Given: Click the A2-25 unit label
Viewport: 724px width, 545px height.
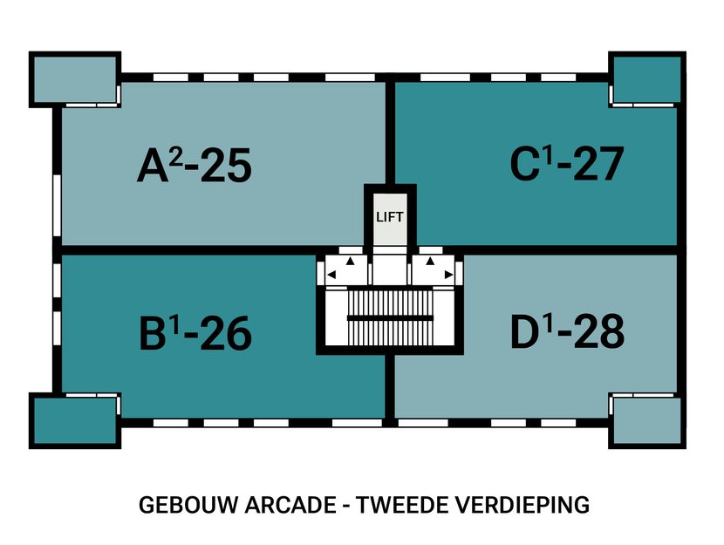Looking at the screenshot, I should (194, 166).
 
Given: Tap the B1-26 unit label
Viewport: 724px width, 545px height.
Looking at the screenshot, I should (195, 332).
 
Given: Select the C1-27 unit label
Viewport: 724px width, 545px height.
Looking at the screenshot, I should (567, 165).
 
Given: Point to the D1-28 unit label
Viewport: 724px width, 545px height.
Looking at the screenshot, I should (568, 331).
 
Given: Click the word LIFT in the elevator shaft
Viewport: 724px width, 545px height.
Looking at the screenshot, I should (390, 216).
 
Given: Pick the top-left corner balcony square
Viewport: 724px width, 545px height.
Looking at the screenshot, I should (74, 79).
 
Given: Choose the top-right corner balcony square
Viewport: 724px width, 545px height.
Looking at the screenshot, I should (645, 79).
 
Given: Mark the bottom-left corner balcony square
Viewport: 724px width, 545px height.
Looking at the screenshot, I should (74, 421).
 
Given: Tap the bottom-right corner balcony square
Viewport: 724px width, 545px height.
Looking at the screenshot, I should (645, 421).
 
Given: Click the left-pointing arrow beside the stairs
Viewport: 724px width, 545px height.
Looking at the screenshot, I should (331, 276).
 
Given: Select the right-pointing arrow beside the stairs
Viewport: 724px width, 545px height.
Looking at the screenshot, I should (448, 276).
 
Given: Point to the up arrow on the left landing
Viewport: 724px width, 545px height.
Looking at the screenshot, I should (350, 260).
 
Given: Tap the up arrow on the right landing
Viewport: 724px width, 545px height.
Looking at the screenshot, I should (430, 260).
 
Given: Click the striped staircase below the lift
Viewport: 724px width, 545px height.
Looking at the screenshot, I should (390, 317).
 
